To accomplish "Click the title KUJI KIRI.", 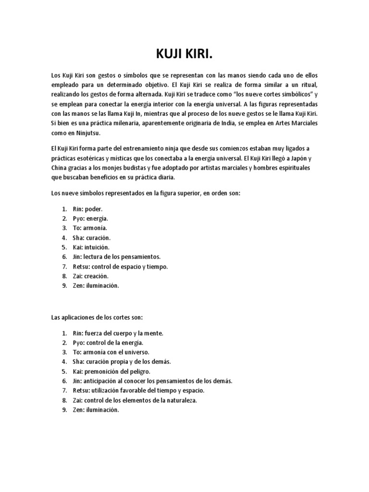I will pyautogui.click(x=184, y=55).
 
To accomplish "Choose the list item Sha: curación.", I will pyautogui.click(x=91, y=238).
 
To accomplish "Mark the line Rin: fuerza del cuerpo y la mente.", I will pyautogui.click(x=117, y=333).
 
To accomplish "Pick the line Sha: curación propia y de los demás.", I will pyautogui.click(x=117, y=362).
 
